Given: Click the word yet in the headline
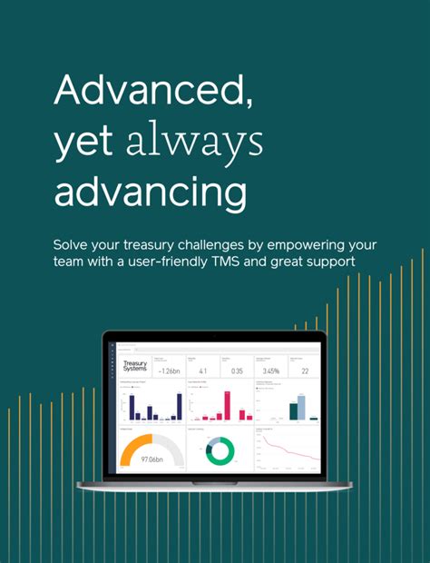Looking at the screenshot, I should click(x=85, y=143).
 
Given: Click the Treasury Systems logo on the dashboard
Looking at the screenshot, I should click(x=134, y=366).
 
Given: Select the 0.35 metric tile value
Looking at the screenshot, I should click(x=237, y=370).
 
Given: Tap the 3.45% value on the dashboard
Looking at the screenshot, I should click(x=269, y=370).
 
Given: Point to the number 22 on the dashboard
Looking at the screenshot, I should click(x=305, y=370).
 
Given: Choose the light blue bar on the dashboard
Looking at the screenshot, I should click(x=302, y=407).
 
